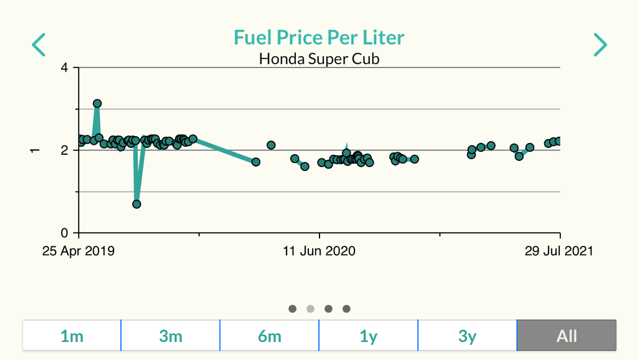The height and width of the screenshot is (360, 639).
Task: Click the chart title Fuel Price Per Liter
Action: click(319, 37)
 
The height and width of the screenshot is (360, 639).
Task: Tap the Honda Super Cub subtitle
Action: click(319, 59)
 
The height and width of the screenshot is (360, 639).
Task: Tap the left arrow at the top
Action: click(39, 45)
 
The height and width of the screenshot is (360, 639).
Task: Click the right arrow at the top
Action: click(600, 45)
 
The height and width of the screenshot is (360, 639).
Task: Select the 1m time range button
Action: click(72, 336)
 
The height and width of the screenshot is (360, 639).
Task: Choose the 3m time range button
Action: click(170, 336)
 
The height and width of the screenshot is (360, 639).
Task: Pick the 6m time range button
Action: click(270, 336)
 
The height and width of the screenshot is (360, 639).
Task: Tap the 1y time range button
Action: click(368, 336)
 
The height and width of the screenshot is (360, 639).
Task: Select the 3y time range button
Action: click(467, 336)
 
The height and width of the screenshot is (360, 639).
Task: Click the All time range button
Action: click(567, 336)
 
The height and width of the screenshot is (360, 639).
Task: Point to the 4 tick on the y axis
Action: click(65, 67)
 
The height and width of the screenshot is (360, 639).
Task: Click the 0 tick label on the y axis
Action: click(65, 233)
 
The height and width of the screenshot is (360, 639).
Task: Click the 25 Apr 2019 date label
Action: click(79, 251)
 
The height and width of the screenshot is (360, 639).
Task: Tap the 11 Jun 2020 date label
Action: click(319, 251)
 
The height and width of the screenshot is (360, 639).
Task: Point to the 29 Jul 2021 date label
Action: click(559, 251)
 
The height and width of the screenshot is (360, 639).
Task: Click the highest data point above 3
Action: click(97, 104)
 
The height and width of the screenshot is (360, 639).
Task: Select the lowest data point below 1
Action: click(137, 204)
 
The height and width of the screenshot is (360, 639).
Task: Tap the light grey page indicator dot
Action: click(310, 308)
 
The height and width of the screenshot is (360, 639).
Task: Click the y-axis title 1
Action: click(35, 150)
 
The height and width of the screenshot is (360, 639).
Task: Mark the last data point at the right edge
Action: click(559, 141)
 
